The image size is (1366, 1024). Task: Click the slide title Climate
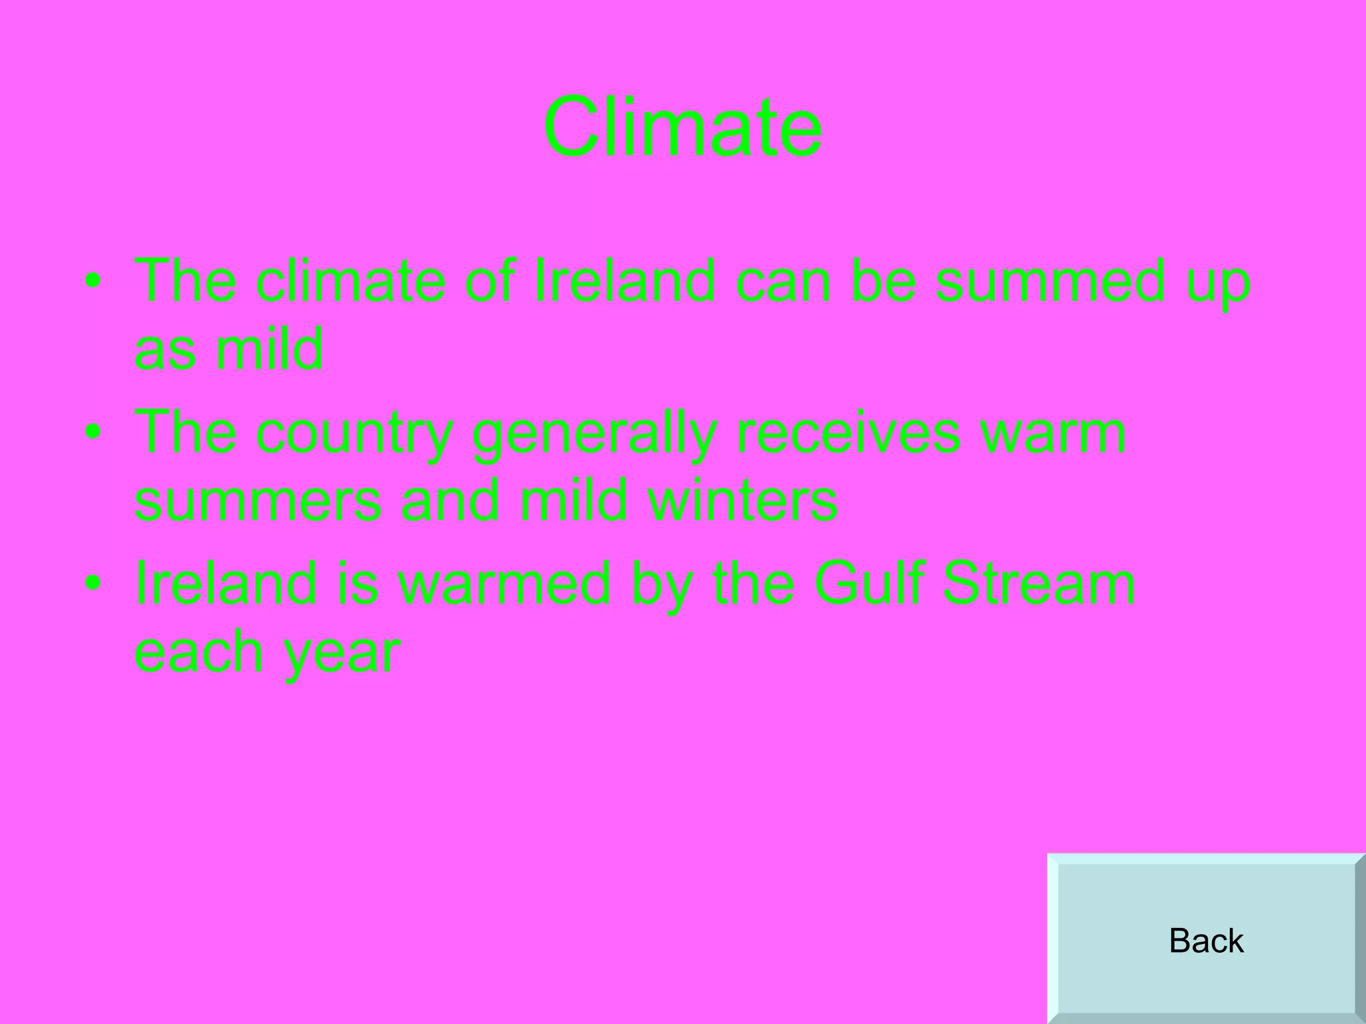pos(682,127)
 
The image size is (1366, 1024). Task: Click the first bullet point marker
pos(93,281)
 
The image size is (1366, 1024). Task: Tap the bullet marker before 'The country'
pos(93,433)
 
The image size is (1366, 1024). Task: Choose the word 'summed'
pos(1041,281)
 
